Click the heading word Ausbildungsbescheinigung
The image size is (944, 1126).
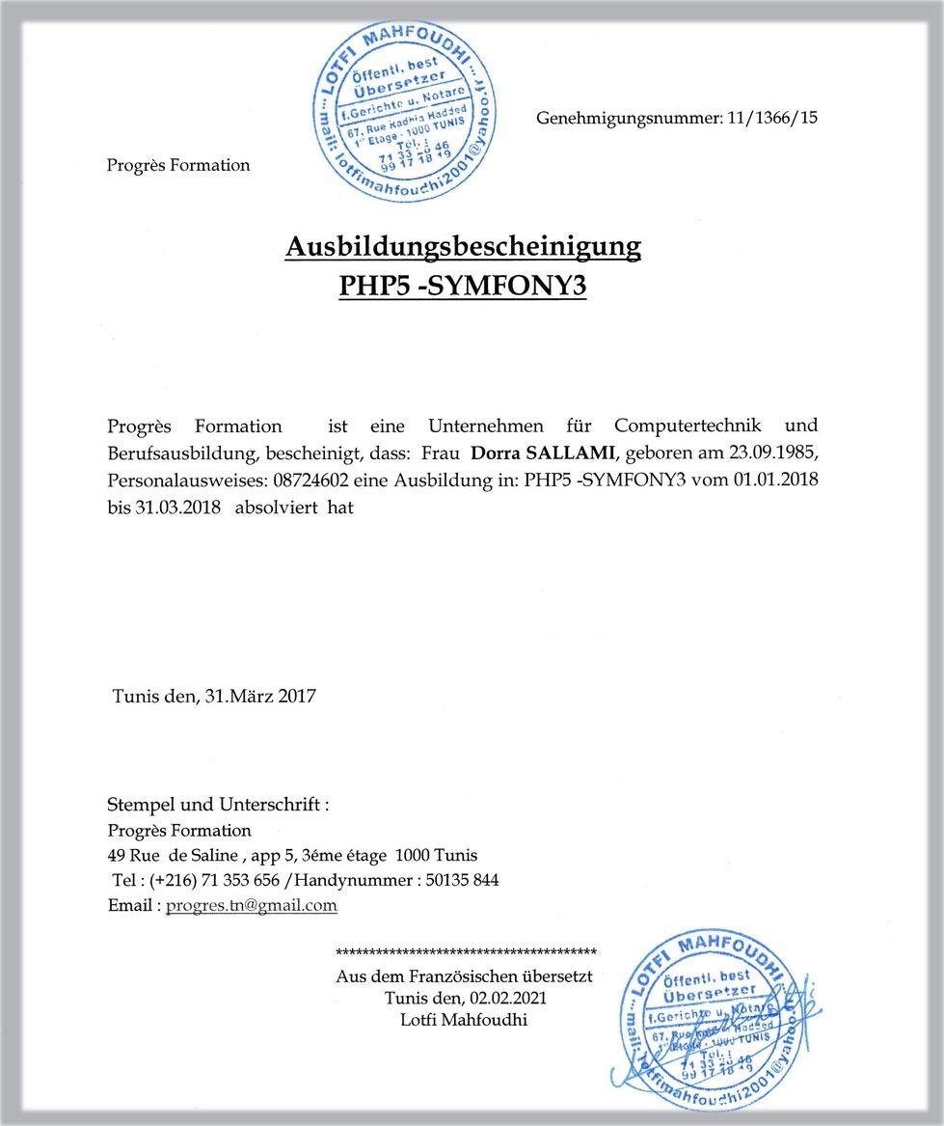pyautogui.click(x=463, y=247)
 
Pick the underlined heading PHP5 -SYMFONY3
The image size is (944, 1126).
pyautogui.click(x=463, y=287)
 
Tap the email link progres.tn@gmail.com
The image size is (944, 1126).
pyautogui.click(x=252, y=905)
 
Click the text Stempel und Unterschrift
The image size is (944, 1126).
pyautogui.click(x=217, y=805)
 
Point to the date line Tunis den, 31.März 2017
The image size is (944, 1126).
pyautogui.click(x=214, y=695)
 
